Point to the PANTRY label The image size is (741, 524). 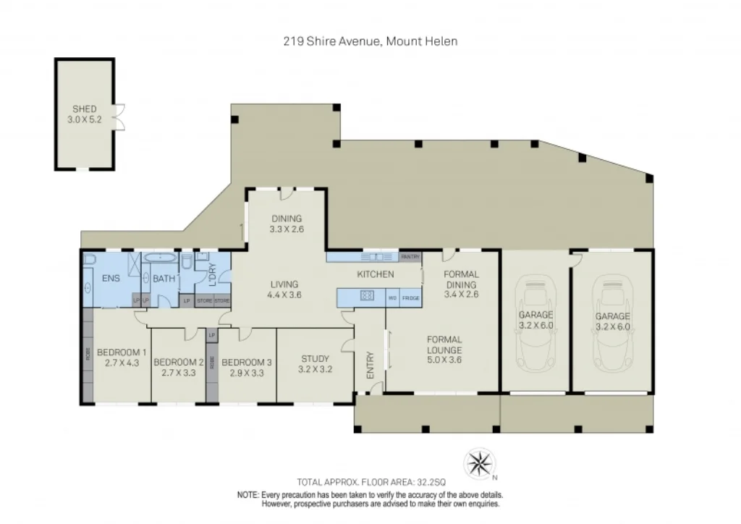(410, 257)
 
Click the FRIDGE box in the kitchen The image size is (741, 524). (410, 297)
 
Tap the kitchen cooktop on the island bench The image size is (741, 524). (366, 295)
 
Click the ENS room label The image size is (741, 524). (110, 277)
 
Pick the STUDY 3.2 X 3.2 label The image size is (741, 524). (315, 363)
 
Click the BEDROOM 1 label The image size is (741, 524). (122, 358)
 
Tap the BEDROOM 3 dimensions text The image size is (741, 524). (246, 373)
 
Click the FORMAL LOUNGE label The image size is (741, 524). (444, 345)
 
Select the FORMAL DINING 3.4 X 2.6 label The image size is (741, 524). (461, 284)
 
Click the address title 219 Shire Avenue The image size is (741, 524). (370, 41)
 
